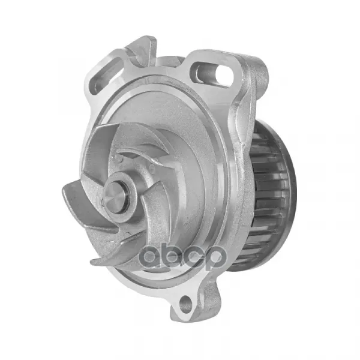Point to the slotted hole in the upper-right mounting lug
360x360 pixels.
pyautogui.click(x=212, y=73)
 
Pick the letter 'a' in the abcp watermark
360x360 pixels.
pyautogui.click(x=151, y=257)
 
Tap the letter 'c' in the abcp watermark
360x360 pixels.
pyautogui.click(x=193, y=257)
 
